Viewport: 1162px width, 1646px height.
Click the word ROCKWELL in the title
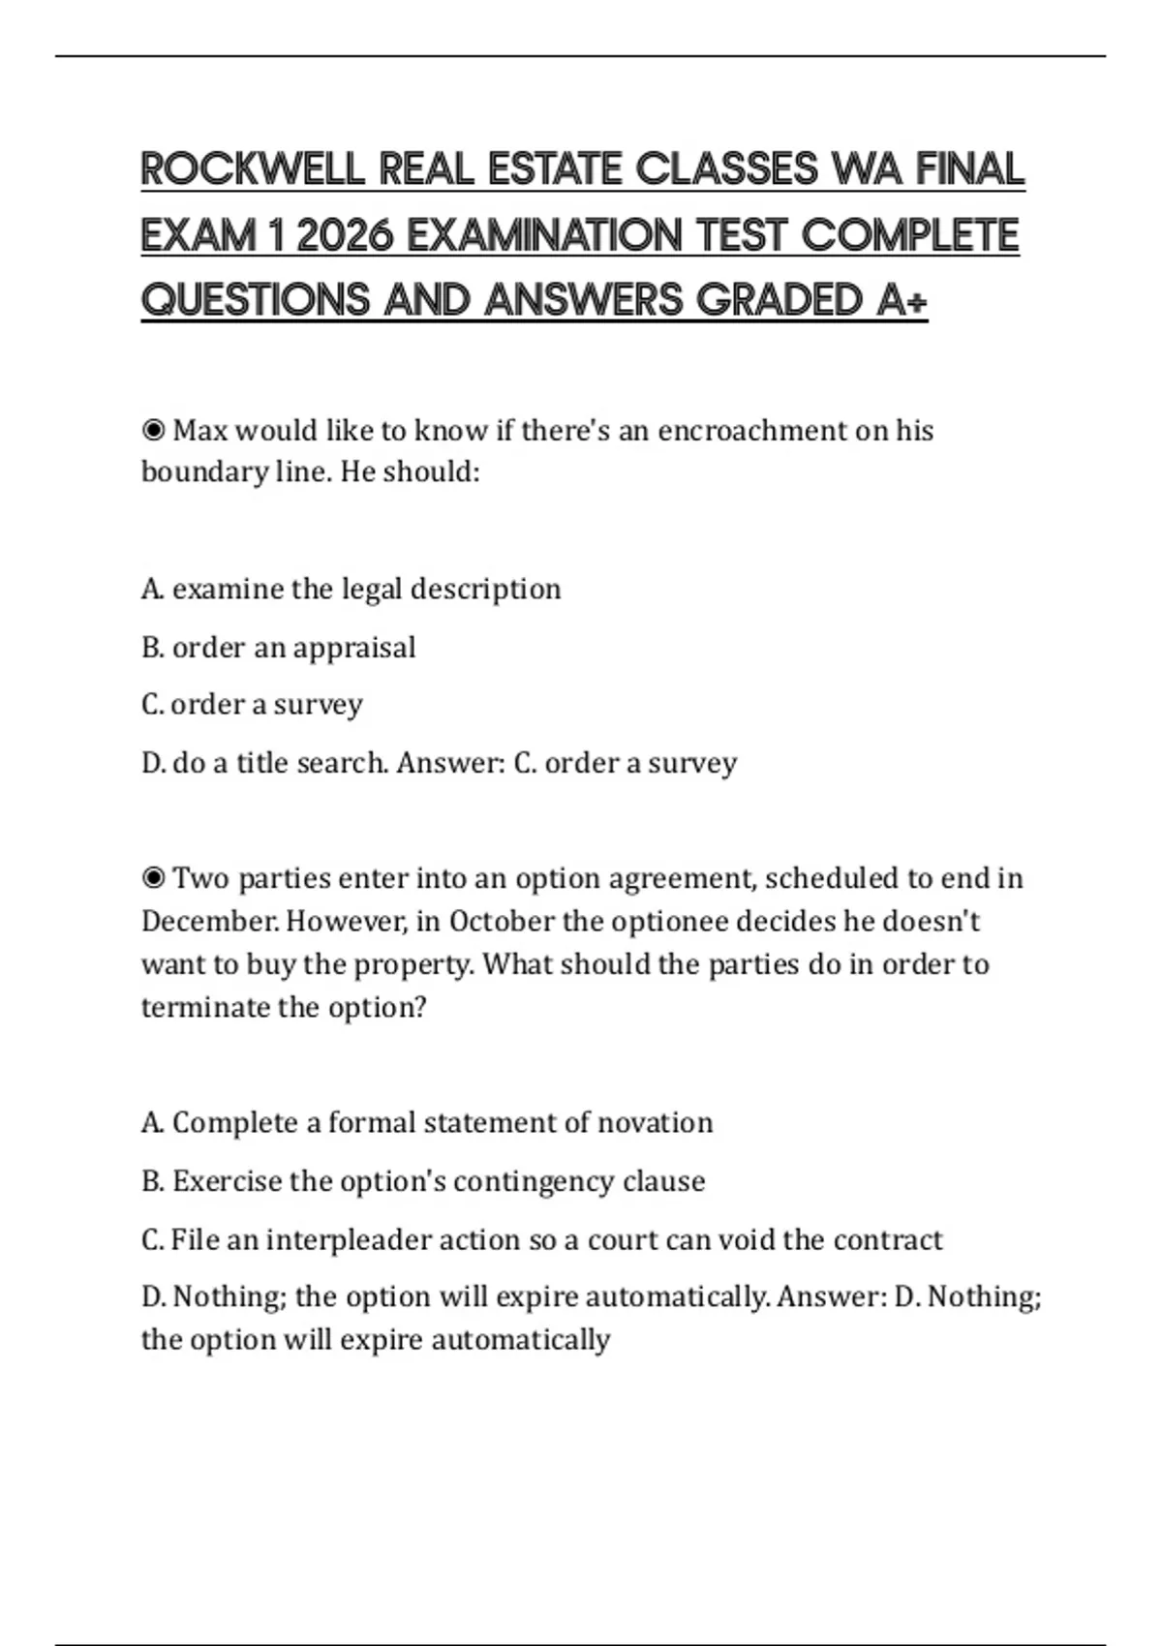pyautogui.click(x=253, y=169)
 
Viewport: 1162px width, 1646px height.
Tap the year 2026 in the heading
pyautogui.click(x=345, y=235)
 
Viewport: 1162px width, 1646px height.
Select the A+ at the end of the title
pyautogui.click(x=902, y=300)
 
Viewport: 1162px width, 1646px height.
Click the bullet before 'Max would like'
pyautogui.click(x=153, y=430)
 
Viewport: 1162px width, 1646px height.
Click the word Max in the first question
pyautogui.click(x=199, y=430)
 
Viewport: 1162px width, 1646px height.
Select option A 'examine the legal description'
pyautogui.click(x=351, y=589)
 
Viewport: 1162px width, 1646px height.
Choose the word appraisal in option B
pyautogui.click(x=354, y=647)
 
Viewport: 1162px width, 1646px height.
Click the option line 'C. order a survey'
pyautogui.click(x=252, y=704)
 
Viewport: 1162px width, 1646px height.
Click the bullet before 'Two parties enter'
pyautogui.click(x=153, y=878)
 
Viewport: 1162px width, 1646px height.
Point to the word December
pyautogui.click(x=209, y=921)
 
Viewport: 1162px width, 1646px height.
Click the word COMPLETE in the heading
pyautogui.click(x=910, y=235)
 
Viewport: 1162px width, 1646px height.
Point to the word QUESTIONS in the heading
pyautogui.click(x=256, y=300)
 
